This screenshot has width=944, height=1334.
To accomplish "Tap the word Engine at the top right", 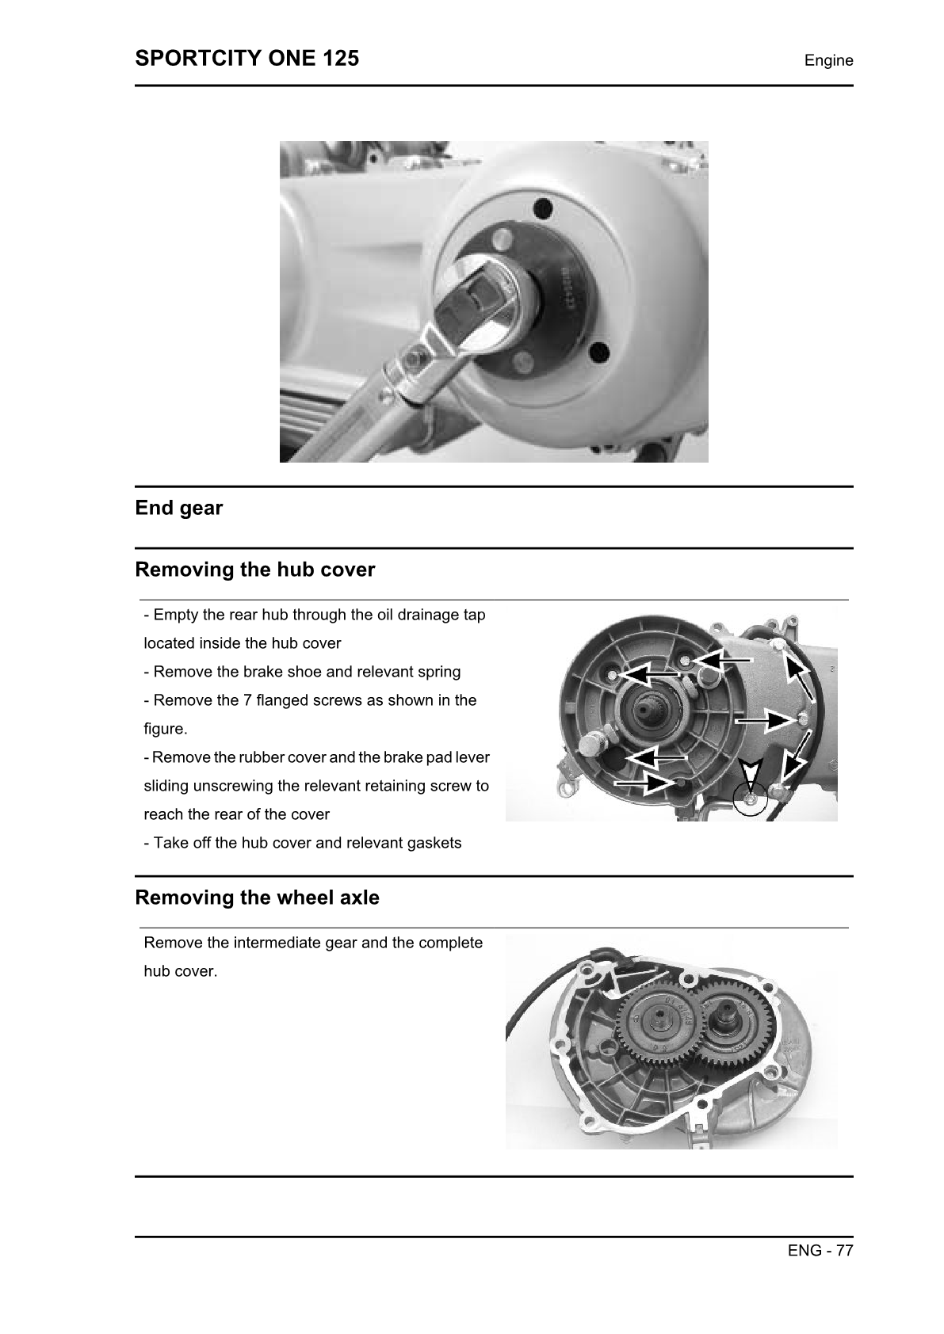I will pyautogui.click(x=828, y=60).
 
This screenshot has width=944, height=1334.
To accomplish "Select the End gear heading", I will pyautogui.click(x=179, y=508).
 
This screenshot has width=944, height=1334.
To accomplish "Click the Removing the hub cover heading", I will pyautogui.click(x=254, y=570).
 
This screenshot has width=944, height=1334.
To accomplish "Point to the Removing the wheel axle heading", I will pyautogui.click(x=257, y=898).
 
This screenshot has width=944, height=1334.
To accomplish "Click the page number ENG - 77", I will pyautogui.click(x=820, y=1250).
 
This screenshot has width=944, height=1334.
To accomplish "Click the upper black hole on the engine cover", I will pyautogui.click(x=542, y=209).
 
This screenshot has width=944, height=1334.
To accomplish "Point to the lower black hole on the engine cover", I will pyautogui.click(x=598, y=352).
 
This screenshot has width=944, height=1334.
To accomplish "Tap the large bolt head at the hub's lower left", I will pyautogui.click(x=590, y=744).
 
